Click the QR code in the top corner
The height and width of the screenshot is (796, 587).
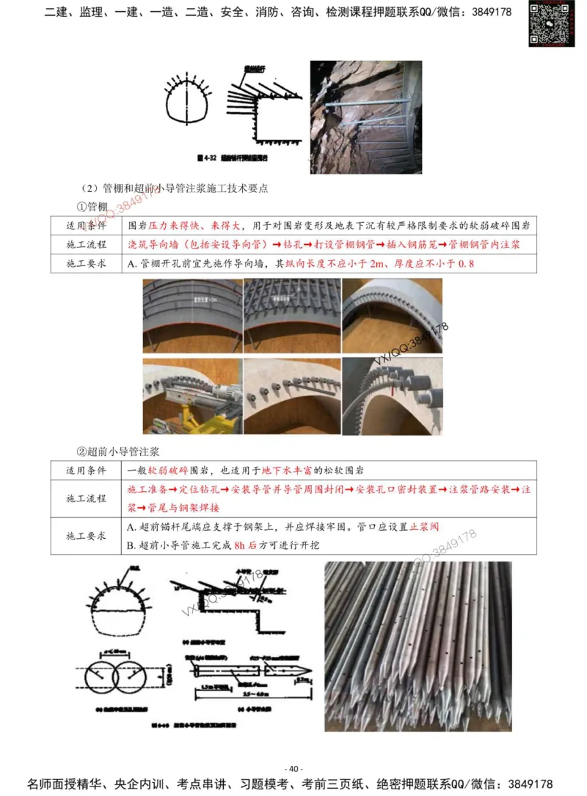551,24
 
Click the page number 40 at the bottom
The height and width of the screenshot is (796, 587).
293,768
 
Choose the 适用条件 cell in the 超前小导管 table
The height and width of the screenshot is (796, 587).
87,470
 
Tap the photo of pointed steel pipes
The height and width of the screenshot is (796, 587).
418,646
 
